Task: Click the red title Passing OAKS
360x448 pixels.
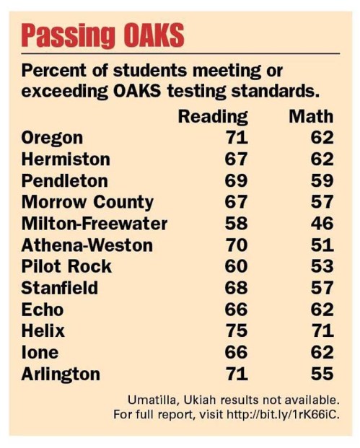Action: (103, 35)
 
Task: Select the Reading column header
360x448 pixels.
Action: (213, 117)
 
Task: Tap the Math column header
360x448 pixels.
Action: (311, 117)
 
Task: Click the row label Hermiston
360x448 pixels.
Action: (66, 159)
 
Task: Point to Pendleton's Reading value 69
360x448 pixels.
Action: (236, 180)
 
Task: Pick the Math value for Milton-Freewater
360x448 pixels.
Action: (322, 224)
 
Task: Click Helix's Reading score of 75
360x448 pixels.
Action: (236, 330)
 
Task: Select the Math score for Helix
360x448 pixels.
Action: (322, 330)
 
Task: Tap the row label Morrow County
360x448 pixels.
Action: (87, 203)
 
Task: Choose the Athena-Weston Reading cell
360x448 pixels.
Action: (236, 245)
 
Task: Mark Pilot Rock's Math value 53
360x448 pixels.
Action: (322, 266)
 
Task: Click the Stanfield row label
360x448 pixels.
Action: (60, 288)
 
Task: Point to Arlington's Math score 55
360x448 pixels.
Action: (322, 374)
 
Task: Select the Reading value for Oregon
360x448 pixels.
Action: (237, 138)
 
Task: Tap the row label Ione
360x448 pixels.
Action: (40, 352)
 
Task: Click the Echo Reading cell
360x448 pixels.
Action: (236, 309)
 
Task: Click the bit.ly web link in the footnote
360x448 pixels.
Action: (283, 414)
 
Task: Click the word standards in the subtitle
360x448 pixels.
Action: (275, 91)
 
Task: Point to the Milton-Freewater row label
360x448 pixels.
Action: (95, 224)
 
